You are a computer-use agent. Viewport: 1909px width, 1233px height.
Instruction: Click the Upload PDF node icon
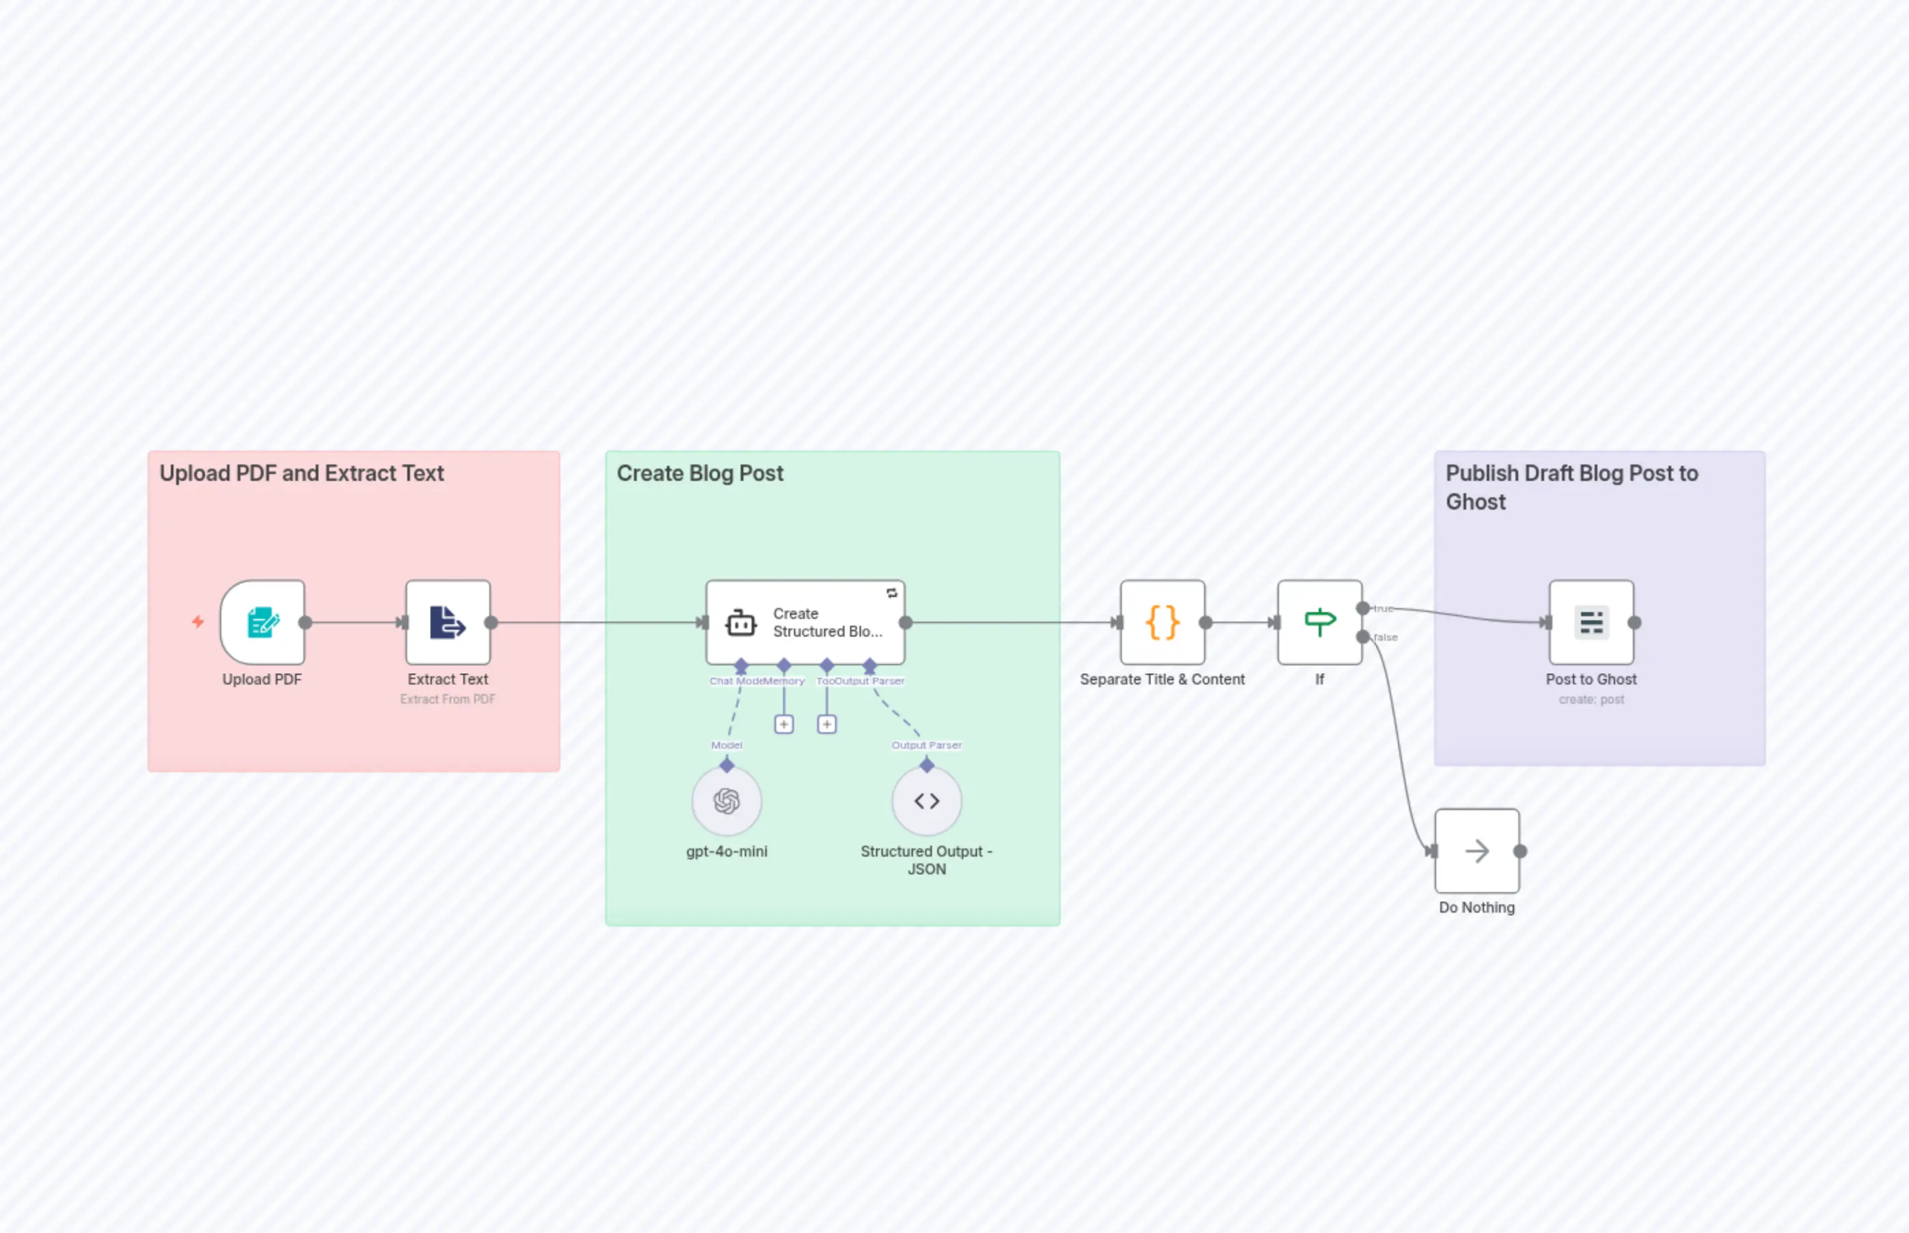(262, 622)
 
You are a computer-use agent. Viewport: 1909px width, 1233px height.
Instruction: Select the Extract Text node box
(448, 622)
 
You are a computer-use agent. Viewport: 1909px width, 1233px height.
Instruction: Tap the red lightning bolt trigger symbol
(197, 622)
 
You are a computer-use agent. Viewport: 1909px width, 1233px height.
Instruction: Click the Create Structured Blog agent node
(805, 622)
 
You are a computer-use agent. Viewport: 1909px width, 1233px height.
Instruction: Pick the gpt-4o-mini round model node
(726, 801)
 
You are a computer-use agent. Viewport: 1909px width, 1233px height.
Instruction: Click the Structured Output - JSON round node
(926, 801)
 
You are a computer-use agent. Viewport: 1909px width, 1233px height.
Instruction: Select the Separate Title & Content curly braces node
(1162, 622)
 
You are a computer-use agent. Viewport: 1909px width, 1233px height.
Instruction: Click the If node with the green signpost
(1319, 622)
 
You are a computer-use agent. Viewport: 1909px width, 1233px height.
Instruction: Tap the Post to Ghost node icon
(1591, 622)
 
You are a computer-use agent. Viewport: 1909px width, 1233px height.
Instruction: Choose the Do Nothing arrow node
(1477, 850)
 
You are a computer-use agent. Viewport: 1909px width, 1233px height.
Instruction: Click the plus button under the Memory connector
(784, 724)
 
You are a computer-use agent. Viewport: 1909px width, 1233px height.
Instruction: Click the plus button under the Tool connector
(826, 724)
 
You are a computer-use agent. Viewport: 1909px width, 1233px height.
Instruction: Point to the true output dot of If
(1362, 609)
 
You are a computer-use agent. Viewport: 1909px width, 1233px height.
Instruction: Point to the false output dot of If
(1362, 637)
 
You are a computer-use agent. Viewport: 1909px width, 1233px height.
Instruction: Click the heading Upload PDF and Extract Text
(301, 473)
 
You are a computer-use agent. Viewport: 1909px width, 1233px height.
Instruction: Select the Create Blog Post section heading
(700, 473)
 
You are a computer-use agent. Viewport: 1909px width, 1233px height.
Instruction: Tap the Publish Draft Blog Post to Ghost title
(1571, 487)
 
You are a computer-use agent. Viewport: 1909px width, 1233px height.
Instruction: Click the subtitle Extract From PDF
(448, 699)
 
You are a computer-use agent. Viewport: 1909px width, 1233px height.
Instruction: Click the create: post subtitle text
(1591, 699)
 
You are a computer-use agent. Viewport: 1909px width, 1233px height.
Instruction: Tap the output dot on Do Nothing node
(1520, 850)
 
